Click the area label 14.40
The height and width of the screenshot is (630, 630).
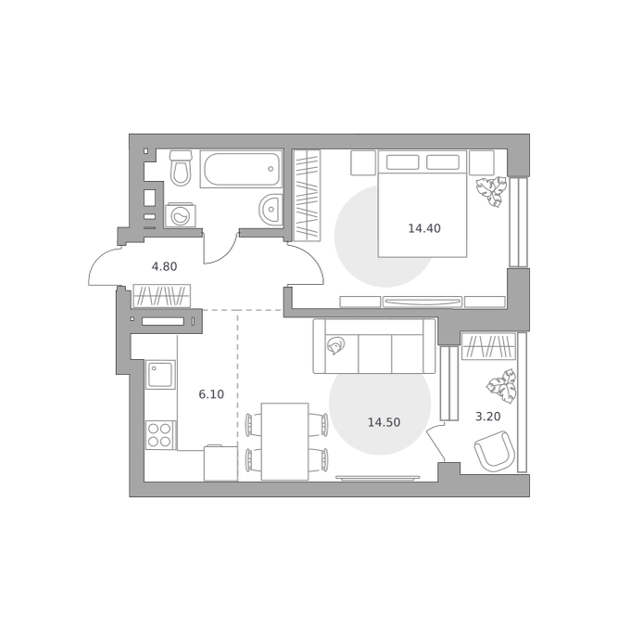tap(424, 228)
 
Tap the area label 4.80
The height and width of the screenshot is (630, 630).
tap(164, 266)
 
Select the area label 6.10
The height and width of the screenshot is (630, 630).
tap(211, 394)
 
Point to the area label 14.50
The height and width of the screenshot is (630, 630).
tap(384, 422)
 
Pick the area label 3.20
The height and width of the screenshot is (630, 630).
tap(487, 417)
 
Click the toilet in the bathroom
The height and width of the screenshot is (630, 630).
tap(181, 168)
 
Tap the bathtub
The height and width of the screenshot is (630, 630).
tap(242, 169)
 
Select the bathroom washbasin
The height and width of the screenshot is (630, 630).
tap(271, 209)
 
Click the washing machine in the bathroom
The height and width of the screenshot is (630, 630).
tap(181, 215)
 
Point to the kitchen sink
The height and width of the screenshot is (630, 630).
tap(160, 374)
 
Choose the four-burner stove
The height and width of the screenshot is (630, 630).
tap(160, 435)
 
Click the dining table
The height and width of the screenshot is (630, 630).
tap(284, 442)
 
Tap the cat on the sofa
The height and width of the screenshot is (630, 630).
tap(335, 345)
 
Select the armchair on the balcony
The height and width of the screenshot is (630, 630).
tap(495, 451)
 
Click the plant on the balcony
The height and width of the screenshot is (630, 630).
tap(502, 386)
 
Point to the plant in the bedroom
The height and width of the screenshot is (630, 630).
tap(492, 191)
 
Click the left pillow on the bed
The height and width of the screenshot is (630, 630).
tap(403, 162)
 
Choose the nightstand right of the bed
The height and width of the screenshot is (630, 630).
tap(482, 163)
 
